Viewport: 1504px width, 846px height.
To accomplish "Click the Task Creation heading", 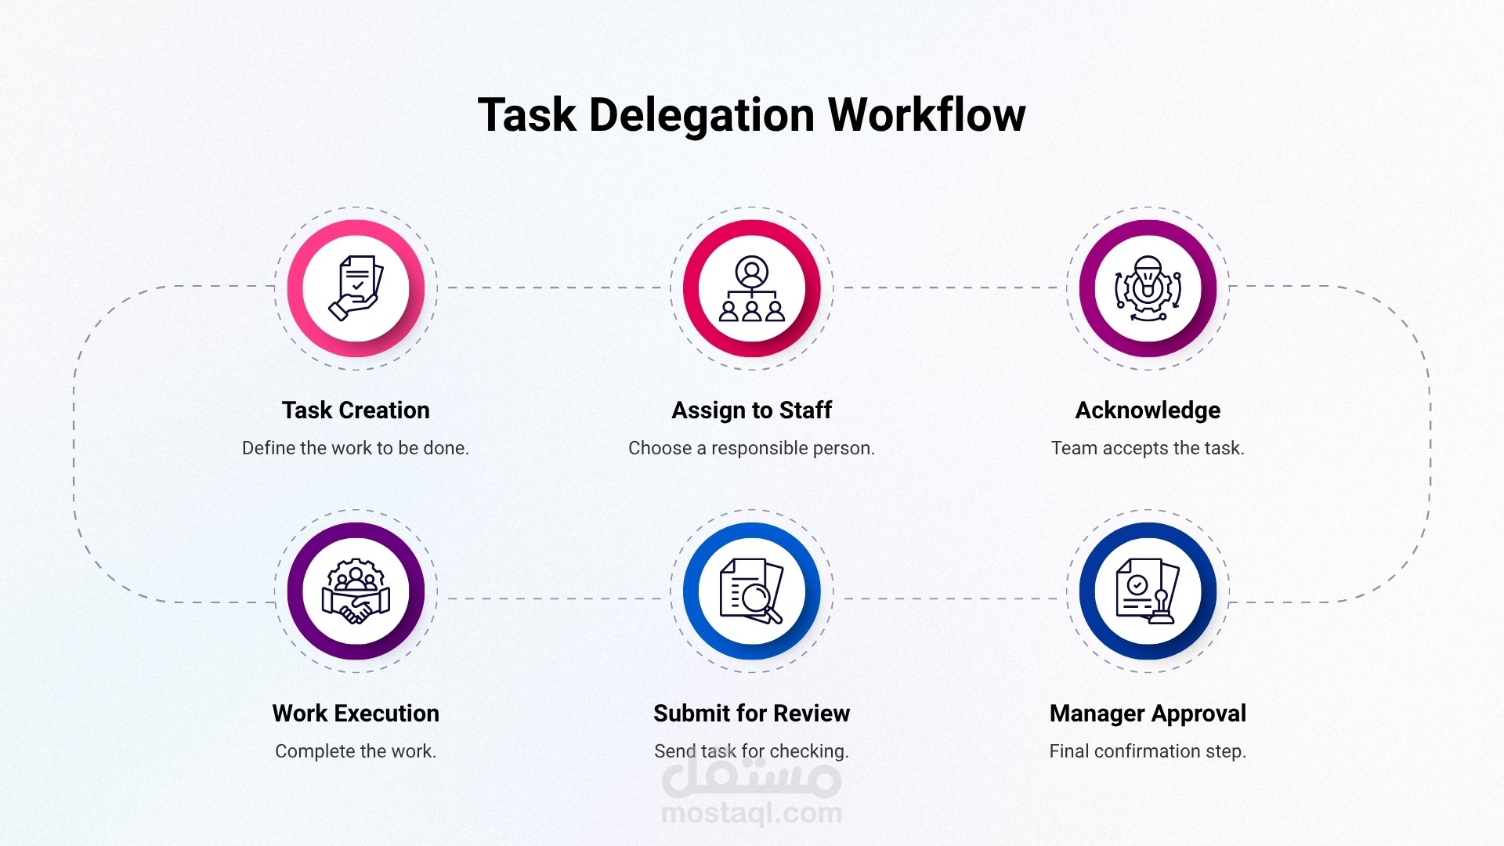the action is [x=356, y=410].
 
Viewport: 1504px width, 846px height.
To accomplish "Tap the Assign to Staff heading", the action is [x=752, y=410].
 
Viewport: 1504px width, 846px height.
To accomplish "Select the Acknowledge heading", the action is [x=1148, y=411].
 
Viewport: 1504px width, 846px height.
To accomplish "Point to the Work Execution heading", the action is [x=356, y=714].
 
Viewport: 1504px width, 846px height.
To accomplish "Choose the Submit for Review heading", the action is [x=752, y=714].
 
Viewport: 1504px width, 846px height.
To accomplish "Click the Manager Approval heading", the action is [x=1148, y=714].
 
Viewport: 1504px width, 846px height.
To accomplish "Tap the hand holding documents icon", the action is [x=356, y=287].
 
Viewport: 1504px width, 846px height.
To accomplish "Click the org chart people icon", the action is [x=752, y=288].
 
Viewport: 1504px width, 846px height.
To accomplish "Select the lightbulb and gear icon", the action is [x=1148, y=287].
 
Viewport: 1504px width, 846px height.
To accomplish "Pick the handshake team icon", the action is [x=356, y=591].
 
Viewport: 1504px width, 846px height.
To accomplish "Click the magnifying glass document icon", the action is [x=752, y=591].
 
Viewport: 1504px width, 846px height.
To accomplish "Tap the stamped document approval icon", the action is [x=1148, y=591].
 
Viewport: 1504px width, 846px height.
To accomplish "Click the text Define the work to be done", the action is [x=356, y=448].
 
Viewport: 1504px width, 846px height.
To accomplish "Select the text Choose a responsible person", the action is [x=752, y=448].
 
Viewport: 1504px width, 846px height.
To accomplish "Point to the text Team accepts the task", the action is [x=1148, y=448].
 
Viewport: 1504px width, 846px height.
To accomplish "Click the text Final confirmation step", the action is [x=1148, y=751].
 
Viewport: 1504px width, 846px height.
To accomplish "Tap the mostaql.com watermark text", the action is [x=752, y=814].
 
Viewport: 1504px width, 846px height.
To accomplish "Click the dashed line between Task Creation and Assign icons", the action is [x=554, y=287].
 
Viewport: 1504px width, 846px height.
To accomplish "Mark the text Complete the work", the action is [x=356, y=751].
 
